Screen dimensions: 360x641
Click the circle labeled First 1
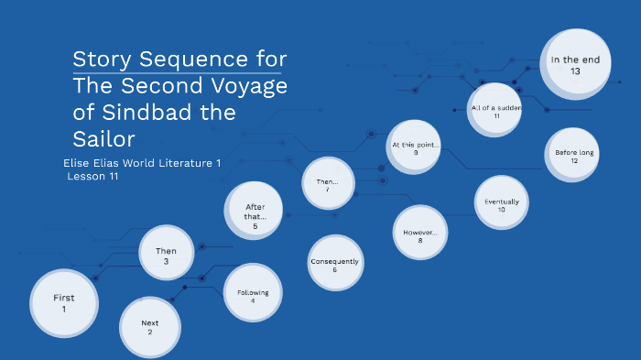[x=64, y=303]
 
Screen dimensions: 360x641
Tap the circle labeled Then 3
[x=167, y=256]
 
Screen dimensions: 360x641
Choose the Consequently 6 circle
[x=335, y=265]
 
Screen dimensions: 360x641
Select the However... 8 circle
[x=420, y=235]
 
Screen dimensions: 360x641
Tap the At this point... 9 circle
[x=415, y=148]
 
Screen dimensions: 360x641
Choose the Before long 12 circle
[x=573, y=157]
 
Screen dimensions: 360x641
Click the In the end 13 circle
[x=574, y=65]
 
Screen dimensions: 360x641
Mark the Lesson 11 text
[x=92, y=176]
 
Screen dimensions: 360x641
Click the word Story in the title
[x=100, y=60]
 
